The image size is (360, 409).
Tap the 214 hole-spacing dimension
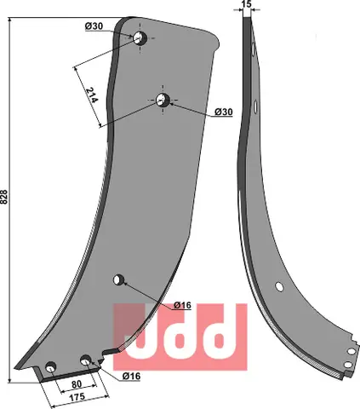pos(92,88)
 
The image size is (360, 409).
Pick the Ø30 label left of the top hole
pos(95,26)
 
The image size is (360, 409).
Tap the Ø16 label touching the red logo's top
pos(181,304)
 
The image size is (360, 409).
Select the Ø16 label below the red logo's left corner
pos(133,376)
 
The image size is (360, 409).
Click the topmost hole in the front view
pos(140,37)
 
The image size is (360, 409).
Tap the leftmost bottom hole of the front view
pos(51,367)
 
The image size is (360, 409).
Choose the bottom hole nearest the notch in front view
pos(86,361)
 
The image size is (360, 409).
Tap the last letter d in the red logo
pos(220,334)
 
